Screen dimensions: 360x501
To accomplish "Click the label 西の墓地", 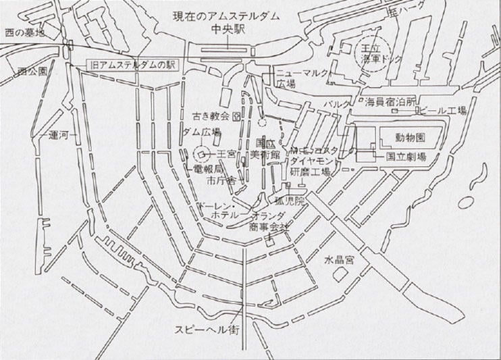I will (24, 31).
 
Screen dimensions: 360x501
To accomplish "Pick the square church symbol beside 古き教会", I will (236, 116).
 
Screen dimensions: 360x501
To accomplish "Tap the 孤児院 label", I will (295, 201).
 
